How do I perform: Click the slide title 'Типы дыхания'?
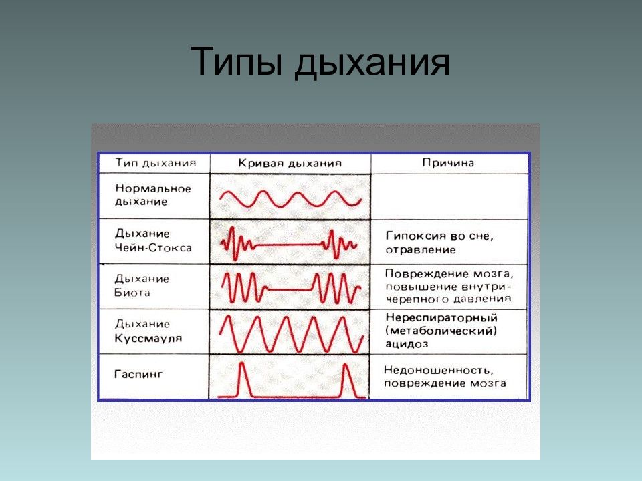[320, 62]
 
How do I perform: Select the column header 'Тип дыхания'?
[156, 163]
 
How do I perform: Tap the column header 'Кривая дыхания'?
[290, 163]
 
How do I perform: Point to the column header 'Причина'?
[448, 163]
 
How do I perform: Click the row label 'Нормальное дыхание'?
[153, 195]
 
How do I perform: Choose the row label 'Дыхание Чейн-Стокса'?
[153, 240]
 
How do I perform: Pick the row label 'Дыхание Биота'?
[142, 285]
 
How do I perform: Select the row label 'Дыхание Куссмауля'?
[148, 331]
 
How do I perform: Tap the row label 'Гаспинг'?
[138, 374]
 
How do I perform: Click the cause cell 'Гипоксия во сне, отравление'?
[439, 243]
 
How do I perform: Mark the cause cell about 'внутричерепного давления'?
[449, 286]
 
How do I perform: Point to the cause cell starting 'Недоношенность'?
[445, 377]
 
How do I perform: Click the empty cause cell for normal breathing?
[449, 196]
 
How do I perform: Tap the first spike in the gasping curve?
[242, 379]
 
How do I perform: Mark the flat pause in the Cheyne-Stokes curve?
[288, 245]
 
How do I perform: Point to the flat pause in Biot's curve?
[290, 289]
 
